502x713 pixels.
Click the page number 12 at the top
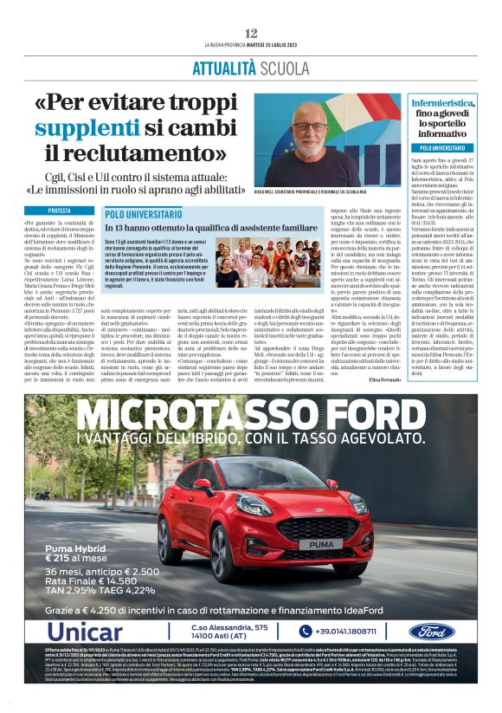250,32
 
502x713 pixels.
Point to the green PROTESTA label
60,211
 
